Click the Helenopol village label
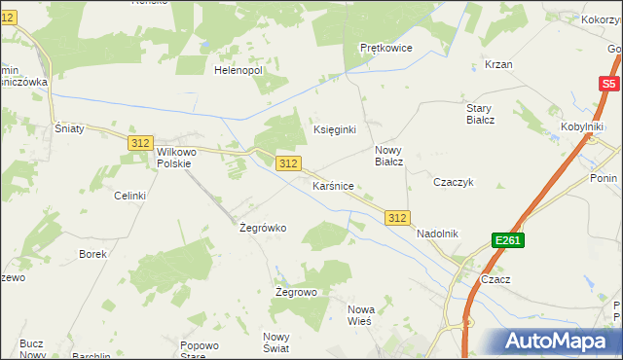click(238, 70)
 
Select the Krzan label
click(498, 64)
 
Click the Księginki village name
click(334, 129)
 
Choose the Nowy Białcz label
click(389, 156)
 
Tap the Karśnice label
click(332, 185)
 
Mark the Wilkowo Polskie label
click(170, 159)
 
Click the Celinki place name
click(129, 196)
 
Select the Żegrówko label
click(262, 228)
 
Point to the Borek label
click(92, 254)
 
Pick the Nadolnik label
click(437, 234)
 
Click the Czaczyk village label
click(453, 182)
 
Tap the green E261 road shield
click(508, 239)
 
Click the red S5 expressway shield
click(608, 85)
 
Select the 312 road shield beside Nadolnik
click(396, 218)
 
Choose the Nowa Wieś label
click(361, 315)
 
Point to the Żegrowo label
click(296, 292)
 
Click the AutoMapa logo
click(559, 341)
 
